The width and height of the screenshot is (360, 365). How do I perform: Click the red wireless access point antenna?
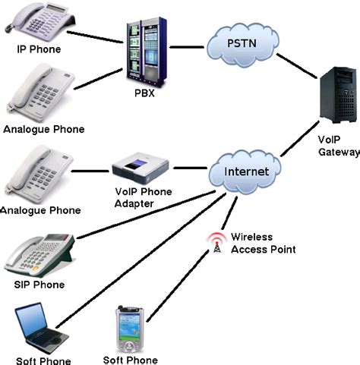pyautogui.click(x=217, y=241)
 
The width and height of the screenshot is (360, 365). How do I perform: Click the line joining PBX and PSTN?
pyautogui.click(x=187, y=48)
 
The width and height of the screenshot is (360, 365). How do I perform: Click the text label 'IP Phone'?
pyautogui.click(x=39, y=50)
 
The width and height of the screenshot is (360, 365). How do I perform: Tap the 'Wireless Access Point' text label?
pyautogui.click(x=263, y=242)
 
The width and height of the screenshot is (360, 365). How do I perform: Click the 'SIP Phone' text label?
pyautogui.click(x=39, y=285)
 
